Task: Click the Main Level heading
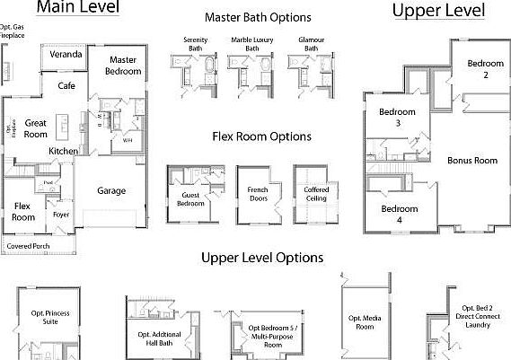78,9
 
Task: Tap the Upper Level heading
439,11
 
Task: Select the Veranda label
66,55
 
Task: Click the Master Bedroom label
122,66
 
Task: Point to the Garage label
111,190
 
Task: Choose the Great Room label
36,128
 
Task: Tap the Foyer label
61,215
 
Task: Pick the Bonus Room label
472,161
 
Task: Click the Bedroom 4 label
400,215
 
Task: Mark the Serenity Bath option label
195,44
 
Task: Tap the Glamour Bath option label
312,44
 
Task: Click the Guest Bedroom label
190,198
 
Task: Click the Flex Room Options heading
261,136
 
